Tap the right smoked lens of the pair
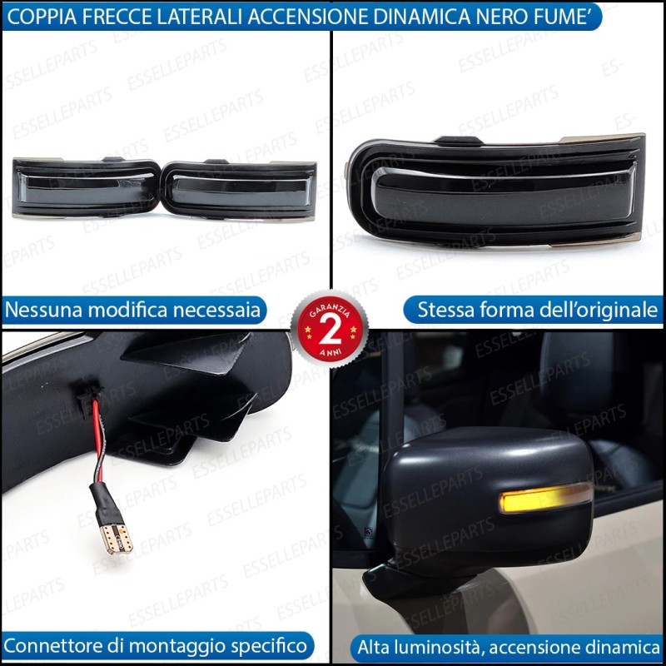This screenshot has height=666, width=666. pyautogui.click(x=240, y=191)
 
